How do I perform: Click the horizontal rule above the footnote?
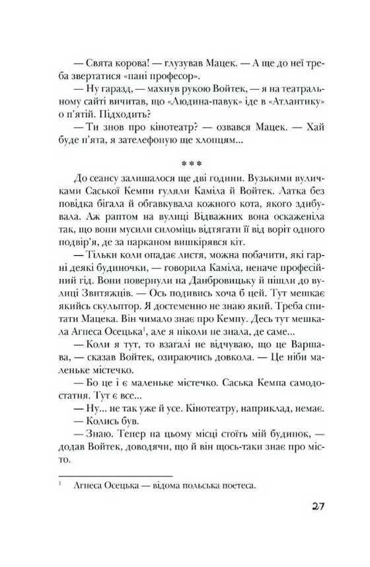point(115,475)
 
